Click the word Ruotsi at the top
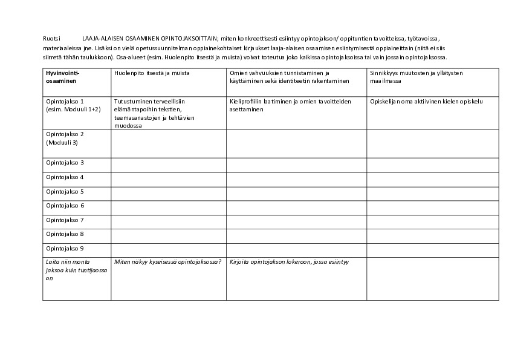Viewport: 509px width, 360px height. point(52,38)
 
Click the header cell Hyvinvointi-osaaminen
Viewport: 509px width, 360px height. point(62,76)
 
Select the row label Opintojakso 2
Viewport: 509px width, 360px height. point(65,138)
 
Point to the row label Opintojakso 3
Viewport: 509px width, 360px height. point(65,163)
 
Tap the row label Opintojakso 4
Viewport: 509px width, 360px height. point(65,177)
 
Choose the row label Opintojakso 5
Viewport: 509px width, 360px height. point(65,191)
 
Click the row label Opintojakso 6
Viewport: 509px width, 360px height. point(65,206)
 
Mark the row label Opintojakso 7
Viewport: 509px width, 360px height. point(65,220)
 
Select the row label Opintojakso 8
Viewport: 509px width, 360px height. point(65,234)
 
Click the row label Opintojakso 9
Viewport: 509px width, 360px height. point(65,248)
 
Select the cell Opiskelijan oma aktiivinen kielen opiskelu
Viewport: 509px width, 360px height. point(426,101)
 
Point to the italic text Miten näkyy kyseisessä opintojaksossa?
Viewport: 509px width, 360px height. point(167,262)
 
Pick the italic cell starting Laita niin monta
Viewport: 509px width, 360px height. point(68,270)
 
